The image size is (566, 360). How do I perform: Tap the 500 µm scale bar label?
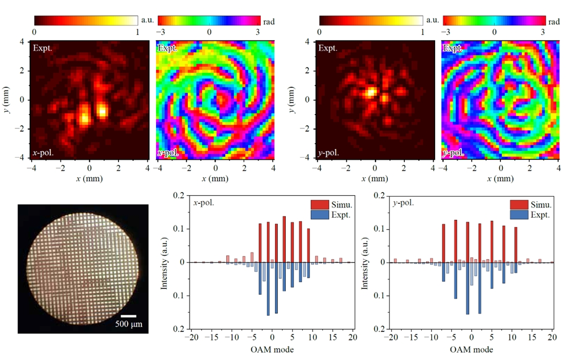tap(129, 325)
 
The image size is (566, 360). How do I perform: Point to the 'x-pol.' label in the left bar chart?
tap(203, 202)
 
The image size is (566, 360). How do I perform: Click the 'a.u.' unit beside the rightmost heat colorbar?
tap(432, 20)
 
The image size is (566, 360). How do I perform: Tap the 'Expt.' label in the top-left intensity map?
tap(43, 48)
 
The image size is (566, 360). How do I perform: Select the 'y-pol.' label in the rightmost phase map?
tap(454, 153)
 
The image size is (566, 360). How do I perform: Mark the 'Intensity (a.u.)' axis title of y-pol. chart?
tap(364, 262)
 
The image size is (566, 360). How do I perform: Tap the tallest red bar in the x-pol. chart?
tap(284, 239)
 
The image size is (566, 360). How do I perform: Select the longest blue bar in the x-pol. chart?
tap(268, 289)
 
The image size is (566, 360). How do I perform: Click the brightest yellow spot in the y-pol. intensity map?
tap(369, 93)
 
